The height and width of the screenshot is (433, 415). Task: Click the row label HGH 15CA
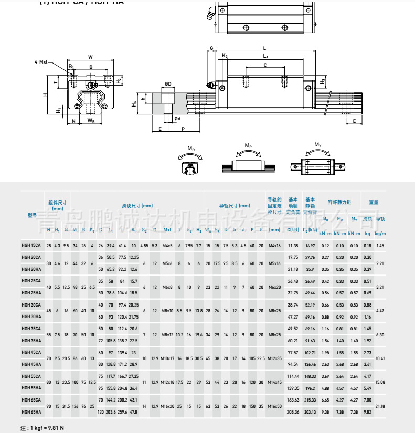[31, 246]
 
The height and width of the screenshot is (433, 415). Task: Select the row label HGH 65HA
[31, 412]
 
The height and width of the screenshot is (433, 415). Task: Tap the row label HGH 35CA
[31, 329]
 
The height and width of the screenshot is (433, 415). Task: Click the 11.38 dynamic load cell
[293, 246]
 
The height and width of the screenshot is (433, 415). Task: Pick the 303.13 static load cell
[310, 412]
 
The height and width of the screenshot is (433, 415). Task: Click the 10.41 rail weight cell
[380, 358]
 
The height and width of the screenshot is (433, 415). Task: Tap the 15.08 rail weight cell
[380, 382]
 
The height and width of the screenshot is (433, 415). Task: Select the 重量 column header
[373, 202]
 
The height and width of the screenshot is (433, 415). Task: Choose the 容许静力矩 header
[339, 202]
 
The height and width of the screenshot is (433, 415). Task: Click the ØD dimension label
[168, 83]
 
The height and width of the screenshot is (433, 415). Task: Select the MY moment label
[318, 145]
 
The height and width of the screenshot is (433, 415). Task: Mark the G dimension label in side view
[211, 48]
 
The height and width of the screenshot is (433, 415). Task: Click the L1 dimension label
[265, 56]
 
